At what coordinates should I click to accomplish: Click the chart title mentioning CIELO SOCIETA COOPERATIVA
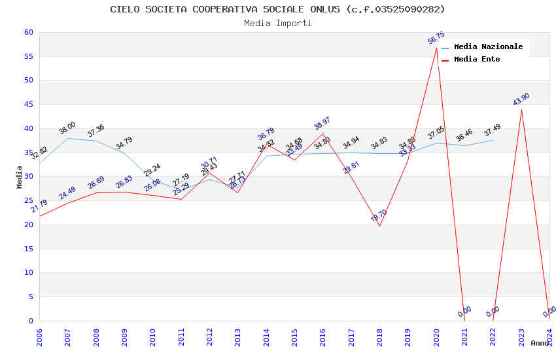click(277, 9)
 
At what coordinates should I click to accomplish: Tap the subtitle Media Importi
click(277, 24)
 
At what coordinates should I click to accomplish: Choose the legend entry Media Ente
click(477, 60)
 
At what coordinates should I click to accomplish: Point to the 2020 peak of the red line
click(436, 48)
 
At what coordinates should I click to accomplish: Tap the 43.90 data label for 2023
click(521, 99)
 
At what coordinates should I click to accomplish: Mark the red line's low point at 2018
click(379, 226)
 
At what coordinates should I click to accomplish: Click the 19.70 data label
click(379, 216)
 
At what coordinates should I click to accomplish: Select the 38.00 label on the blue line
click(67, 128)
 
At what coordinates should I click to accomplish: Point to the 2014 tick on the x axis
click(266, 337)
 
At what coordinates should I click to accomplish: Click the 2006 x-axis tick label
click(39, 337)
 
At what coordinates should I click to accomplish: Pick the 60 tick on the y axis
click(28, 32)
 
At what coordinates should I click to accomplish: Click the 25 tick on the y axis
click(28, 200)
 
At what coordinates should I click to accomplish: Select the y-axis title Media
click(20, 177)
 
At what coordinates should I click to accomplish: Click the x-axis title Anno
click(540, 343)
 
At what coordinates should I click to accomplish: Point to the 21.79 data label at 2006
click(39, 206)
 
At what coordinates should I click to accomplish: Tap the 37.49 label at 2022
click(493, 131)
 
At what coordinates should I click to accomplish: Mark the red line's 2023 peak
click(521, 109)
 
